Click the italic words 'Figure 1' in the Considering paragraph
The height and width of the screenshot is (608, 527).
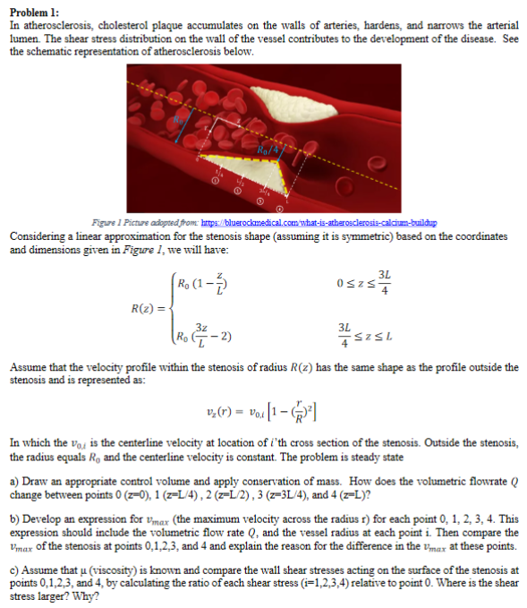[x=191, y=248]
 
